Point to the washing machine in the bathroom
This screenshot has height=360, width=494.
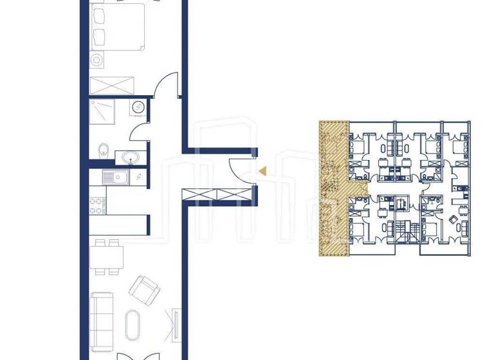point(138,107)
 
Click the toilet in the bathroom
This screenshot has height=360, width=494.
point(103,150)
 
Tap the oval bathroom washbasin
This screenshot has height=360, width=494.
point(125,156)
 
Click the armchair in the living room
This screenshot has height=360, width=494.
point(145,290)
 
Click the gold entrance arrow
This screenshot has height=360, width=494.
point(262,170)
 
